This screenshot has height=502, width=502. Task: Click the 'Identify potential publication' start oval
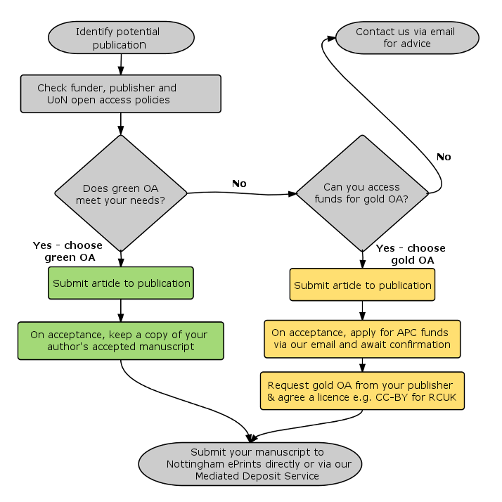tap(120, 38)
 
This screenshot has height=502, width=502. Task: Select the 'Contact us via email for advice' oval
tap(407, 37)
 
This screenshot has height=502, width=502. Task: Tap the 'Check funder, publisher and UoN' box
tap(120, 94)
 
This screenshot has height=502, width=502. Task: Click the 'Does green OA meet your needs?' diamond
tap(121, 193)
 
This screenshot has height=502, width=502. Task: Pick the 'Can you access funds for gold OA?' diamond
tap(362, 193)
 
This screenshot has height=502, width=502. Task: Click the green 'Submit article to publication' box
tap(121, 283)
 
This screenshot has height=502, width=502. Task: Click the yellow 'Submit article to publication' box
tap(362, 285)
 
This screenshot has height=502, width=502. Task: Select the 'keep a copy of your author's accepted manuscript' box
tap(121, 340)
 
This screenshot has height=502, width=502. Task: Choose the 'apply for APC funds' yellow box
tap(361, 338)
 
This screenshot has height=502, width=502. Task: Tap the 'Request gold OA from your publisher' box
tap(361, 391)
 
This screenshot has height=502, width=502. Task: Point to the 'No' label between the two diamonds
tap(239, 184)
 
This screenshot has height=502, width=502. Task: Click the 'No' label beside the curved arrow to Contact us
tap(444, 157)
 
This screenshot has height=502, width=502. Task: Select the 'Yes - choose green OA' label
tap(68, 251)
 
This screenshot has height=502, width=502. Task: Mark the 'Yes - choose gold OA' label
tap(411, 254)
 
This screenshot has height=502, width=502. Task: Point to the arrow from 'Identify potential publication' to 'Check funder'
tap(121, 65)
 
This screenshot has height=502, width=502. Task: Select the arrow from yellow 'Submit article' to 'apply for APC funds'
tap(362, 310)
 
